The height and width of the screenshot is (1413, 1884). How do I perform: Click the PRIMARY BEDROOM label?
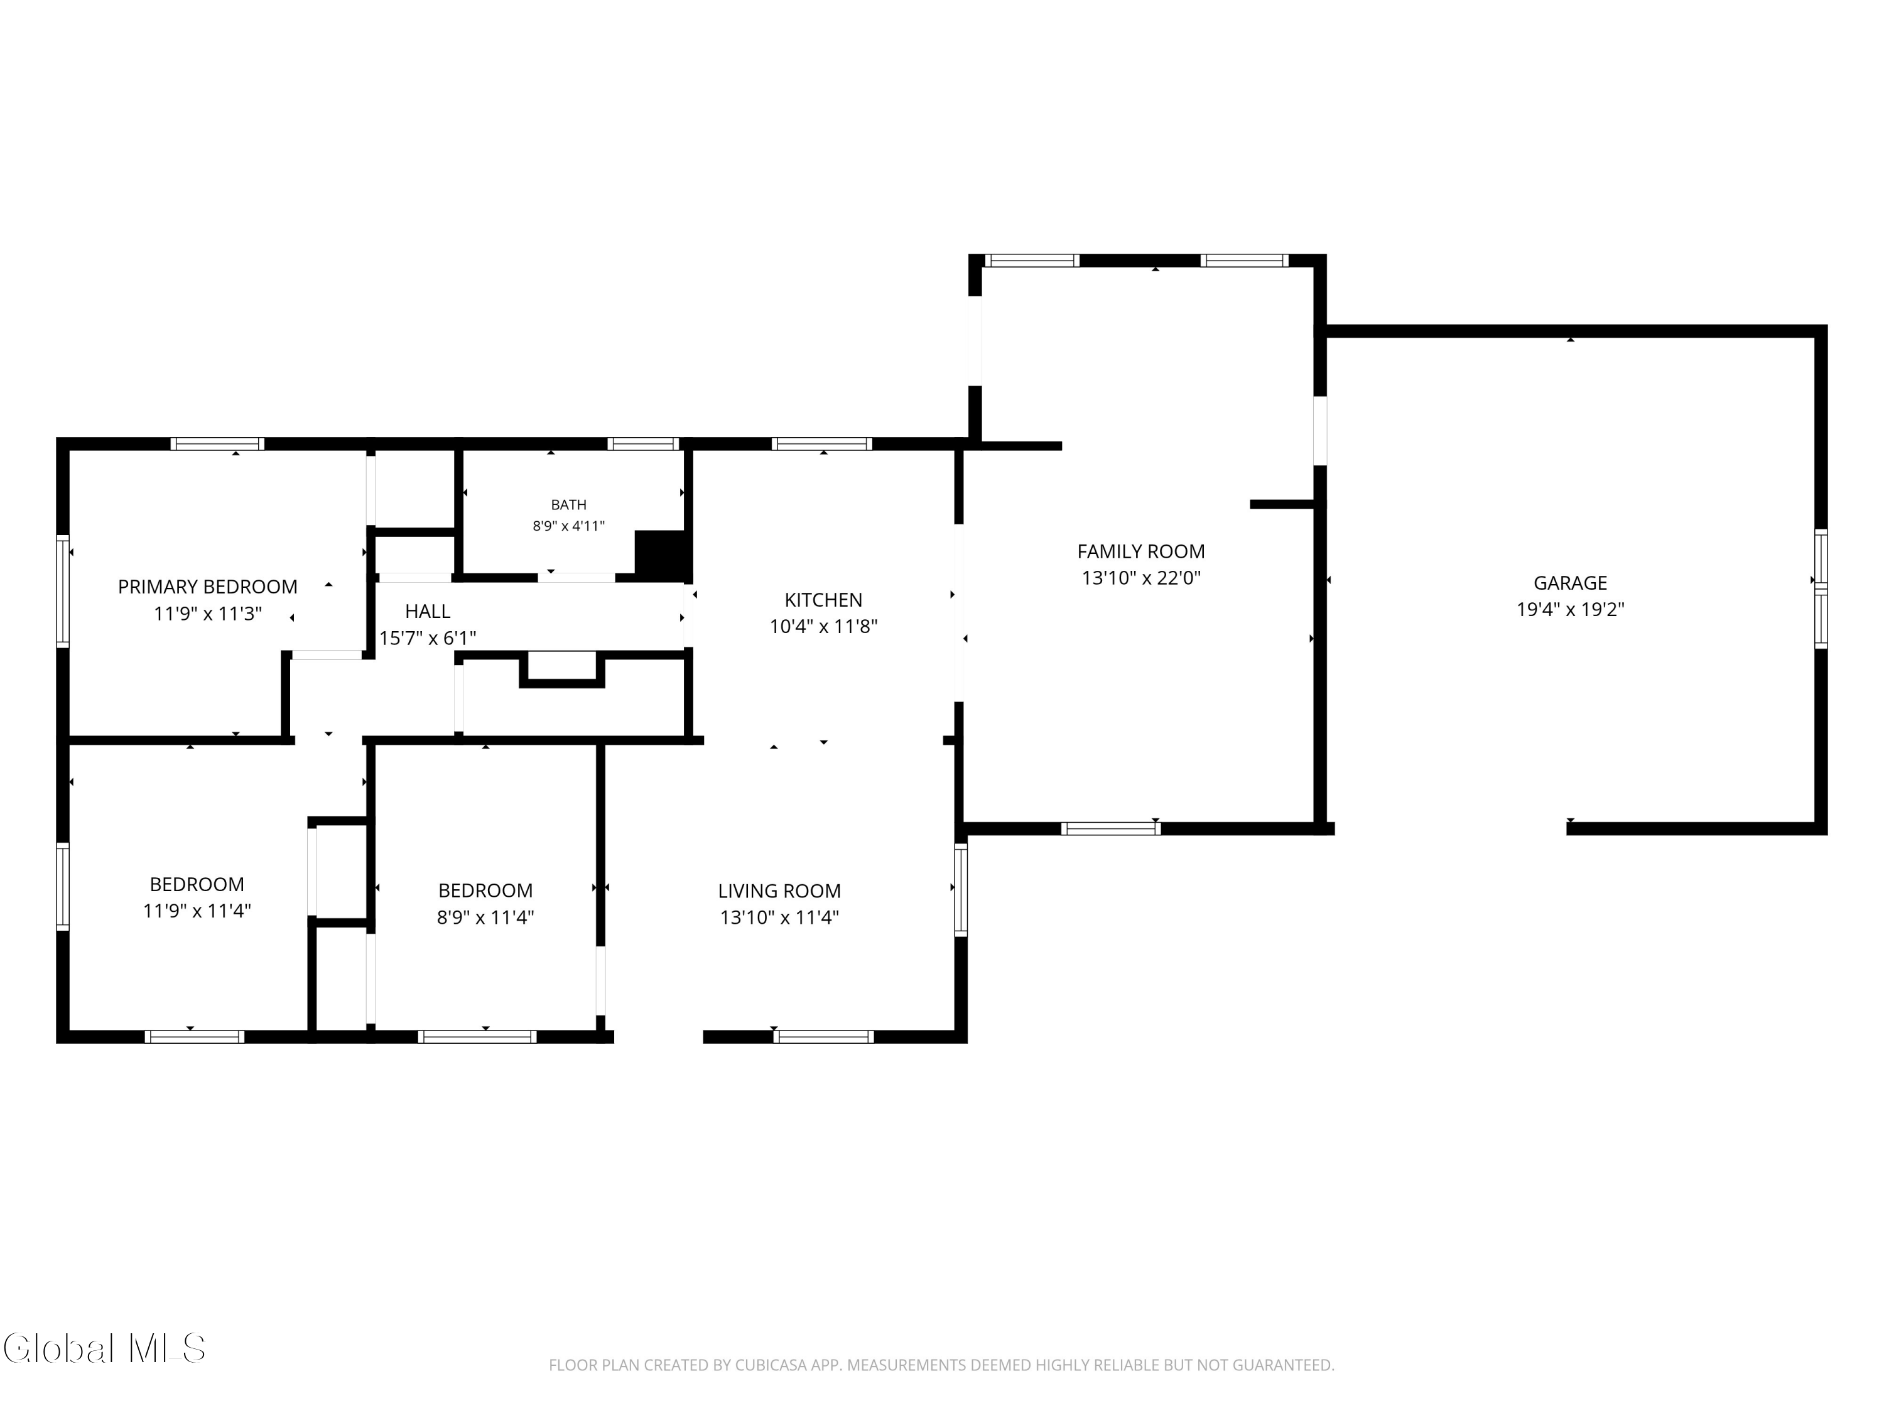[x=208, y=587]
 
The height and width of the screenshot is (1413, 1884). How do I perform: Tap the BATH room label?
[x=569, y=505]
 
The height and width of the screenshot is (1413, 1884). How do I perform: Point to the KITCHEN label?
[x=823, y=600]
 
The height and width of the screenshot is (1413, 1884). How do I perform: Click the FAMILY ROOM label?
[x=1141, y=551]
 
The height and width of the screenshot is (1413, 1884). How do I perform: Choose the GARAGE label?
[x=1571, y=583]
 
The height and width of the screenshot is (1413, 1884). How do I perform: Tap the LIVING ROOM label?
[x=779, y=891]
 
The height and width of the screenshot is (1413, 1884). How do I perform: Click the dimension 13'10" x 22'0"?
[x=1141, y=578]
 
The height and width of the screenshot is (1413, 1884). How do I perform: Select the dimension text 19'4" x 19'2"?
[x=1571, y=609]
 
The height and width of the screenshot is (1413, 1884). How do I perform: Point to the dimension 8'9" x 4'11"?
[x=569, y=526]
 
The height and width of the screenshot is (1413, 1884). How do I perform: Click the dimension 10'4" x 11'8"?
[x=823, y=626]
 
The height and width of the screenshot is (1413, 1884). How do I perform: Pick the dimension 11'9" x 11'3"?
[x=208, y=613]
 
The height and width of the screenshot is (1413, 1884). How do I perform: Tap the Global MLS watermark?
[x=104, y=1348]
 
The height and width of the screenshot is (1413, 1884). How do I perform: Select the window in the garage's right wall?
[x=1821, y=588]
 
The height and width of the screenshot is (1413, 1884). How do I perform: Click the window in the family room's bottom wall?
[x=1111, y=828]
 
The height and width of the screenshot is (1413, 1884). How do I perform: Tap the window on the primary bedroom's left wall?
[x=63, y=590]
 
